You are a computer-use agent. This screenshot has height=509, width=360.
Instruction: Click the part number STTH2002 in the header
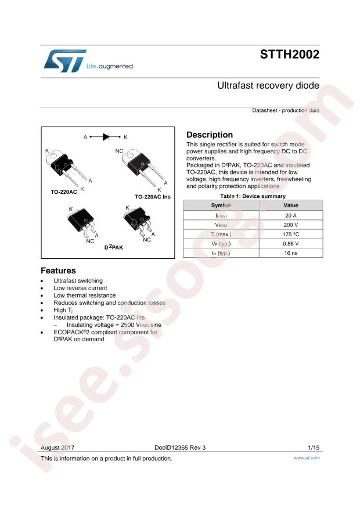tap(290, 55)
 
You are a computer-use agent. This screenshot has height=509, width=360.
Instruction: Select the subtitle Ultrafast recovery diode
tap(268, 86)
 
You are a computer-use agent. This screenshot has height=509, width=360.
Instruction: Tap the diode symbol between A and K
tap(106, 137)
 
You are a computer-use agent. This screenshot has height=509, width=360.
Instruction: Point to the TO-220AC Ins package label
tap(153, 197)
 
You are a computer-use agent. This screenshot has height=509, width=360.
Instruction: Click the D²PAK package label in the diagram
tap(114, 247)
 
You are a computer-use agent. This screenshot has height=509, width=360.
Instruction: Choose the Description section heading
tap(210, 135)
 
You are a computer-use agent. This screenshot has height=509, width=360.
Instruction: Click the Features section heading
tap(58, 270)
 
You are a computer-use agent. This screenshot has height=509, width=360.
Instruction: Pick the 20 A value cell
tap(291, 215)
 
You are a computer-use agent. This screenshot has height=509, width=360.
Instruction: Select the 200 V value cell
tap(291, 225)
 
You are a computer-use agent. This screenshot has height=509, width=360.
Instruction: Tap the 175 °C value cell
tap(291, 234)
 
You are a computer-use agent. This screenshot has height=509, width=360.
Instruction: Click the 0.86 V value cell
tap(291, 244)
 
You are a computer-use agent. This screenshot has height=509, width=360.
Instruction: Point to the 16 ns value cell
tap(291, 253)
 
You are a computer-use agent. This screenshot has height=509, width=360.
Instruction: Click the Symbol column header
tap(221, 205)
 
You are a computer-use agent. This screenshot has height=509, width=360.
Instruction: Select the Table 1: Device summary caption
tap(253, 196)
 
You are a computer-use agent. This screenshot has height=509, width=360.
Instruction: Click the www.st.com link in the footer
tap(307, 458)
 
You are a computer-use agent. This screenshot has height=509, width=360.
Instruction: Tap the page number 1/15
tap(314, 447)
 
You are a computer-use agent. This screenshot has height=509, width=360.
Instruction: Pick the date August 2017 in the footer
tap(57, 447)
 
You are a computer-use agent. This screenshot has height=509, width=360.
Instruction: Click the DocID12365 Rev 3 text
tap(180, 447)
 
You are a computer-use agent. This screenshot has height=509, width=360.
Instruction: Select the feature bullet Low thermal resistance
tap(84, 295)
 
